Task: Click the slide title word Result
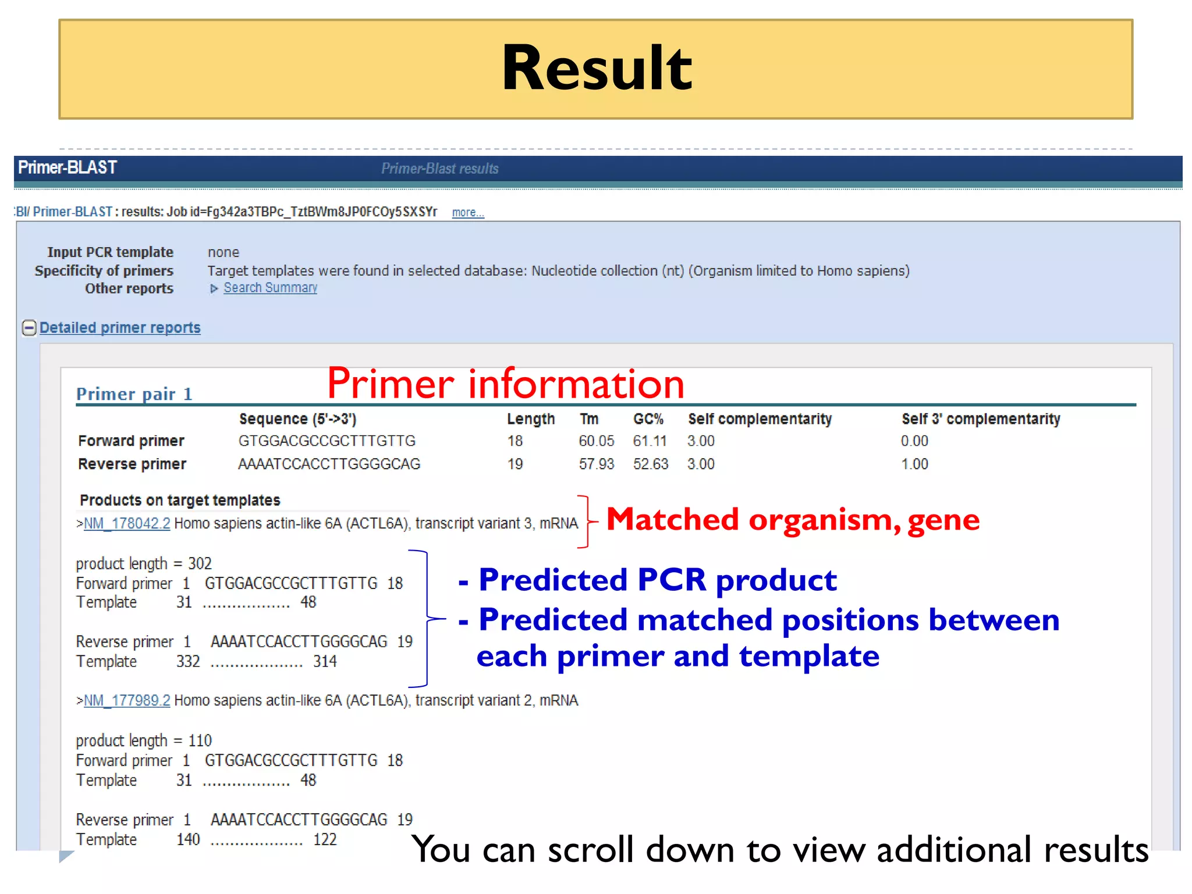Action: coord(596,68)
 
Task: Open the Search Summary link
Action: coord(270,288)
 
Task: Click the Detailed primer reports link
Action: coord(120,328)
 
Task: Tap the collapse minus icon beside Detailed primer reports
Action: coord(29,328)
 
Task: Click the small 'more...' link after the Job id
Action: coord(468,213)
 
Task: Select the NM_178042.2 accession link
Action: coord(127,523)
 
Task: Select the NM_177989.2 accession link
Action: coord(127,700)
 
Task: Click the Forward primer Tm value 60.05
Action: coord(596,441)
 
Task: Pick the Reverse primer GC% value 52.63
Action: coord(651,464)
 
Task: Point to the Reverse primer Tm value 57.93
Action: coord(596,464)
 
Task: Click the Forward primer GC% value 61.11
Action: coord(650,441)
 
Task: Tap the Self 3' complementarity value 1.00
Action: coord(914,464)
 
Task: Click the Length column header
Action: coord(530,419)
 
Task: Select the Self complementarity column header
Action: coord(760,419)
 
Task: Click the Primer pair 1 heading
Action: coord(134,394)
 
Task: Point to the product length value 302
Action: coord(200,563)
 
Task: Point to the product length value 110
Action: coord(200,740)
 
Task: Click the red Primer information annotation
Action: coord(505,384)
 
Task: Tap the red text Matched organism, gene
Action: coord(793,519)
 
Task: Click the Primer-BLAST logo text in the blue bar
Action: coord(68,168)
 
